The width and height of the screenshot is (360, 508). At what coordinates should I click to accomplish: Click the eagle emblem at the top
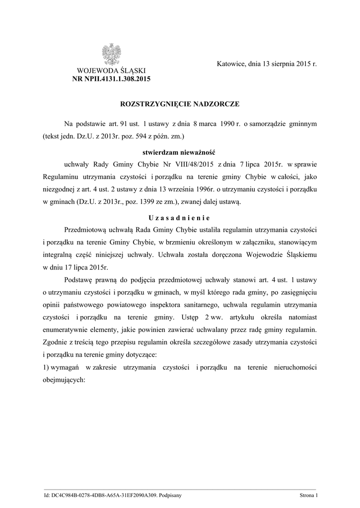point(112,54)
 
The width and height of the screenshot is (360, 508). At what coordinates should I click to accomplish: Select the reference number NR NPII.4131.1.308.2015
point(111,78)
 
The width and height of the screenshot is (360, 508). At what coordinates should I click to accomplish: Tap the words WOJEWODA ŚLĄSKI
point(111,70)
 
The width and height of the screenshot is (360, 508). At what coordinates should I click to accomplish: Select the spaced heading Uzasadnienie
point(179,218)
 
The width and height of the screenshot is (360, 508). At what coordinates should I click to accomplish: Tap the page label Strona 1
point(308,495)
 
